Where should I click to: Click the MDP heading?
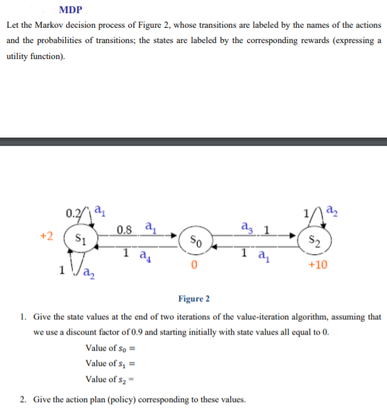[71, 10]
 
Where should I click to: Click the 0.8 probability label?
[126, 230]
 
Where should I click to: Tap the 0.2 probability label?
[73, 210]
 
